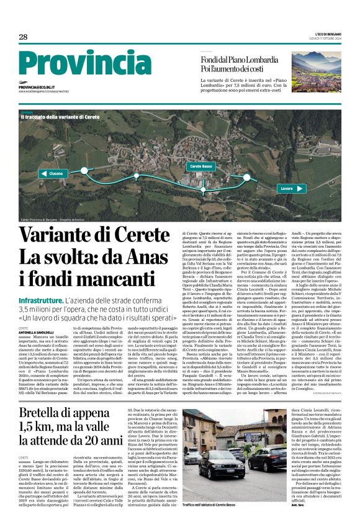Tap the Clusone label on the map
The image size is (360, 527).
tap(56, 174)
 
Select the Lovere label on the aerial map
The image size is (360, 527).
tap(286, 187)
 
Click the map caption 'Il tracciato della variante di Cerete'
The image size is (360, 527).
tap(60, 117)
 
